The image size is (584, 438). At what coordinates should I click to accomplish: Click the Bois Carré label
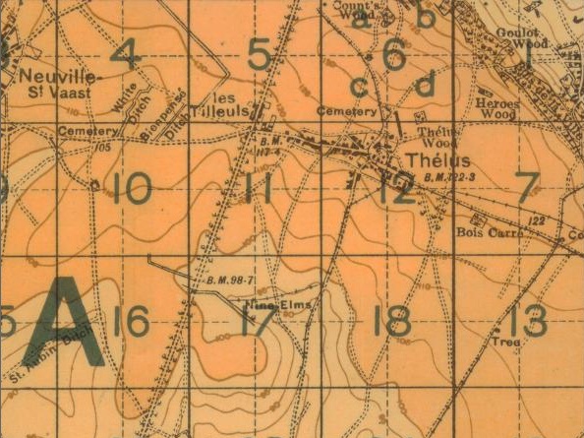point(481,233)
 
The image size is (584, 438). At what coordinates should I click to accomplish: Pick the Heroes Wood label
point(497,107)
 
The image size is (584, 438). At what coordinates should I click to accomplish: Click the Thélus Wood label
point(433,138)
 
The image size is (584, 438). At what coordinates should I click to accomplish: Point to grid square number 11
point(258,187)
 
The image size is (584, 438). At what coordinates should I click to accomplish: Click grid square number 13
point(528,320)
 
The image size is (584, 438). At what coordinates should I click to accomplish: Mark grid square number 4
point(124,54)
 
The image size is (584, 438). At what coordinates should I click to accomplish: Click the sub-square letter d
point(425,86)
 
